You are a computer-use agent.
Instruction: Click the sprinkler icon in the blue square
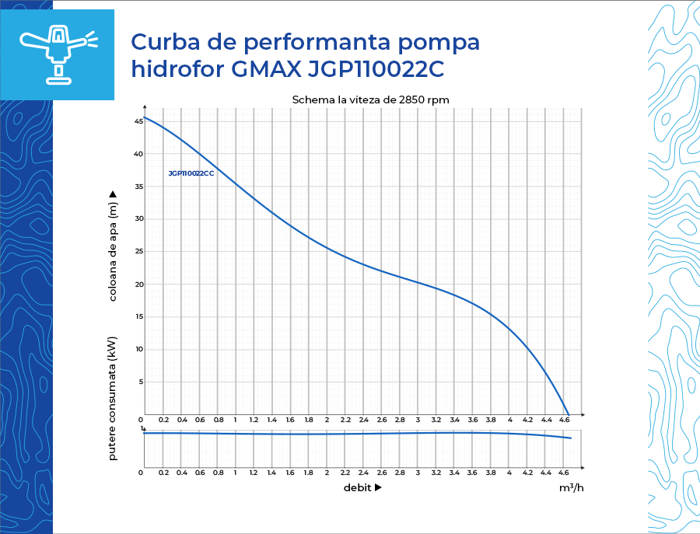click(58, 54)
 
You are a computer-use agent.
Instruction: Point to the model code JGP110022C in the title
click(376, 69)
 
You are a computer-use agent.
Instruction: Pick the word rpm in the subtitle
click(438, 100)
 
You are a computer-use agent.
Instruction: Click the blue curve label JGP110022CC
click(191, 173)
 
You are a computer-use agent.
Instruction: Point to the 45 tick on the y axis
click(138, 121)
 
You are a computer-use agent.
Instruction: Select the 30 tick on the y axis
click(138, 218)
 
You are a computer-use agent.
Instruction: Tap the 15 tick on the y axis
click(138, 316)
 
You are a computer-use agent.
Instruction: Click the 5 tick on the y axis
click(140, 382)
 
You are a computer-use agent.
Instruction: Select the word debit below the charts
click(357, 488)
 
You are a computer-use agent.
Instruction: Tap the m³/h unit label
click(571, 488)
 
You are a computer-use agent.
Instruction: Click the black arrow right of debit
click(378, 488)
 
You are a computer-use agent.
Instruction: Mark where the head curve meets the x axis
click(569, 414)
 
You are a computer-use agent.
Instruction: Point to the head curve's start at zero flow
click(145, 117)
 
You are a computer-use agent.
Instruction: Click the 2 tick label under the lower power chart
click(326, 473)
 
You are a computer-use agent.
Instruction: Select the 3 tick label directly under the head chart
click(418, 420)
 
